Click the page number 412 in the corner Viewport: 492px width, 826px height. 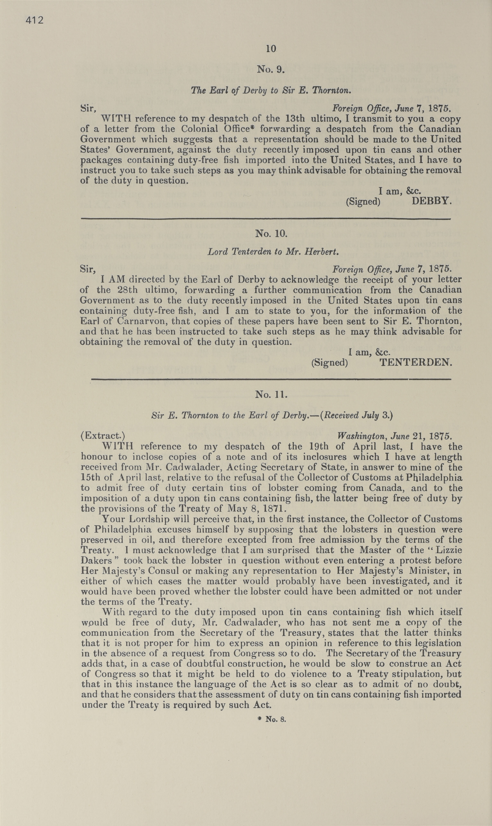point(34,20)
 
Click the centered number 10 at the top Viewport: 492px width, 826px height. point(271,49)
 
